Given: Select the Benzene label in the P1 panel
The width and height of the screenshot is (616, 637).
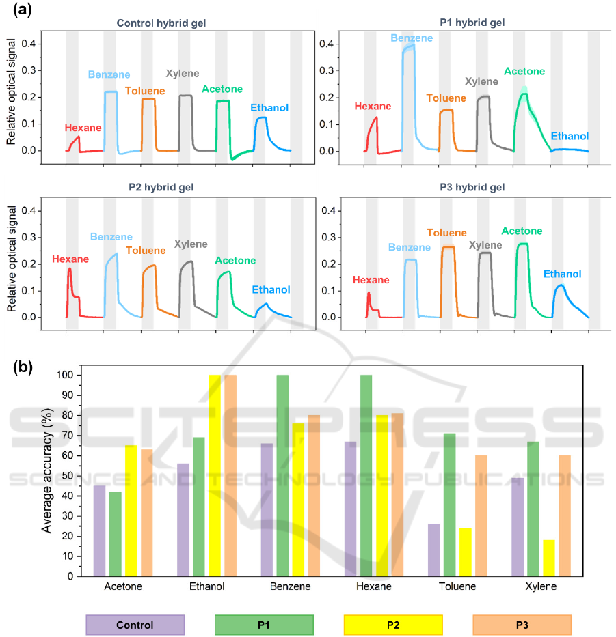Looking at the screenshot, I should pyautogui.click(x=412, y=38).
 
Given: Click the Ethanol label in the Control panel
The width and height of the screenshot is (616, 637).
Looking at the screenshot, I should pyautogui.click(x=269, y=108).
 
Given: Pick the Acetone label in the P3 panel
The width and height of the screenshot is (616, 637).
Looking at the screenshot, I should pyautogui.click(x=522, y=231).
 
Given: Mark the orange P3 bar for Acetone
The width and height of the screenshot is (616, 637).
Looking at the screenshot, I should pyautogui.click(x=146, y=512).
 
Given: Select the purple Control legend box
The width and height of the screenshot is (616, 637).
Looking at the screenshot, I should pyautogui.click(x=135, y=625).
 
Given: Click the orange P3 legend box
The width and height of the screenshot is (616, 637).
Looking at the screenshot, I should pyautogui.click(x=522, y=625).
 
